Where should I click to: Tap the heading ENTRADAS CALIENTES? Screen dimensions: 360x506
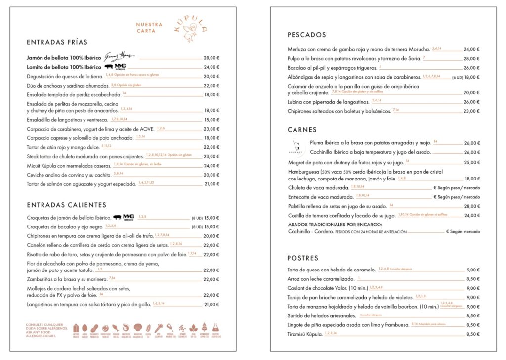coord(66,205)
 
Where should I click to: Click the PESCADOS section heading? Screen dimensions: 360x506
coord(307,35)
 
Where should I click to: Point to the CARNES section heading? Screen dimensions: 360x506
coord(302,130)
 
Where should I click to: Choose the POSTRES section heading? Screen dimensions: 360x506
coord(303,258)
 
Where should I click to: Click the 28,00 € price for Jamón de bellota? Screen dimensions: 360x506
coord(211,58)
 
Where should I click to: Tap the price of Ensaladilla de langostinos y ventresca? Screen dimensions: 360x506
coord(211,120)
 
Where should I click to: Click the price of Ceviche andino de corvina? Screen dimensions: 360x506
coord(211,175)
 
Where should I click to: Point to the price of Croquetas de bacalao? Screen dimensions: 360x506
coord(211,227)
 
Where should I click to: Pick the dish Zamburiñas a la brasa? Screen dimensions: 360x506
coord(67,279)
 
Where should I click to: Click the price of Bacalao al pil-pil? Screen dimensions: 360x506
coord(471,68)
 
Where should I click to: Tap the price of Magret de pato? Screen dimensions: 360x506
coord(471,162)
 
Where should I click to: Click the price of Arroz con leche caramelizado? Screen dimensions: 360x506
coord(473,279)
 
